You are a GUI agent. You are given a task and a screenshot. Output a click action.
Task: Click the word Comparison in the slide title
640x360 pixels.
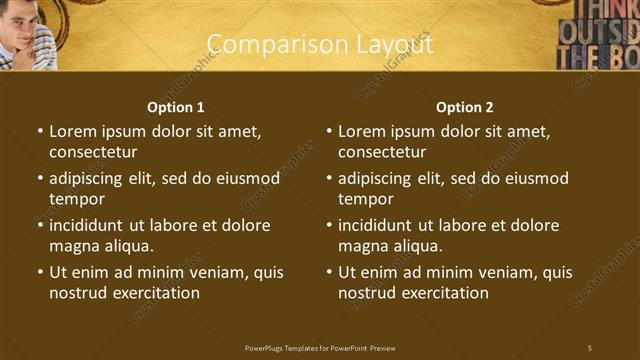(x=267, y=45)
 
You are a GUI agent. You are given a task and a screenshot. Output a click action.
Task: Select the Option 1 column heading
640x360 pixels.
(x=176, y=107)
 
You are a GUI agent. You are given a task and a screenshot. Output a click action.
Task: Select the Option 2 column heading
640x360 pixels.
(x=465, y=107)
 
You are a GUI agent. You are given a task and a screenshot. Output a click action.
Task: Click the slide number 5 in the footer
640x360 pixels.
(x=590, y=347)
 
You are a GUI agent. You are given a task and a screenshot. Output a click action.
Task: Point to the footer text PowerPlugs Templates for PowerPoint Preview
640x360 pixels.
(x=320, y=347)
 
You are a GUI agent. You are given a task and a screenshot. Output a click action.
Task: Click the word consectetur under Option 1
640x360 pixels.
(x=93, y=152)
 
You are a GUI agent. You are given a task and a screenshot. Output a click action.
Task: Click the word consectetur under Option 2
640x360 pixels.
(x=382, y=152)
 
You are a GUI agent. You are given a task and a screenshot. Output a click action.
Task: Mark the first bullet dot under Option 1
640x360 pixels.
(x=40, y=131)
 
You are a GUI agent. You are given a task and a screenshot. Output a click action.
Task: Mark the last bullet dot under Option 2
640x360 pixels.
(x=329, y=272)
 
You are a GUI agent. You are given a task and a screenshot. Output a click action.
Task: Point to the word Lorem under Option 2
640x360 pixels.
(x=361, y=131)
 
